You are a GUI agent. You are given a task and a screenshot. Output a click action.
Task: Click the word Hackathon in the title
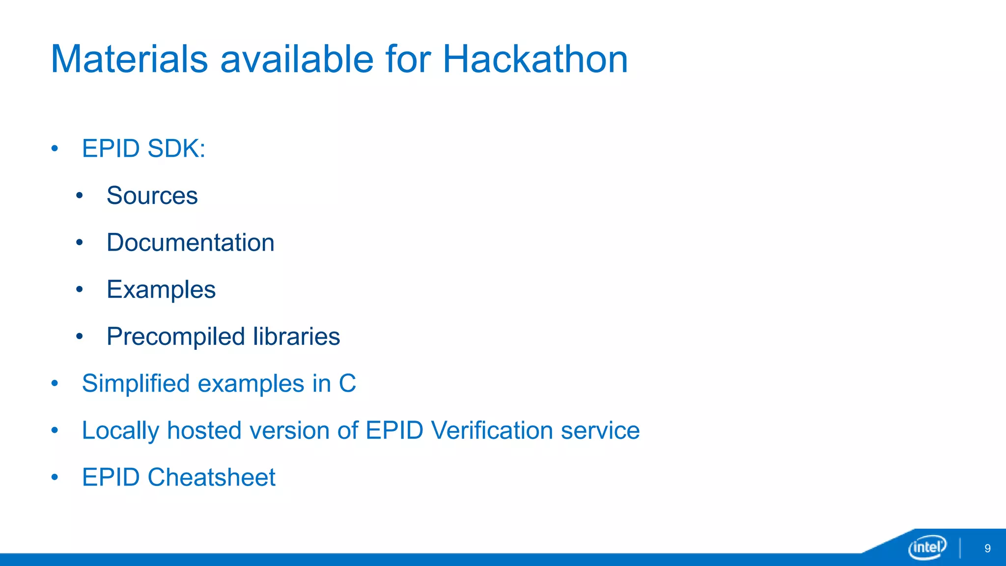click(x=535, y=59)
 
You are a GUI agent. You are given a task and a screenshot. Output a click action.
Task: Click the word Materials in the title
click(x=130, y=59)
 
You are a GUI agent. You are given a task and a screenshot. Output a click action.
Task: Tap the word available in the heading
click(x=297, y=59)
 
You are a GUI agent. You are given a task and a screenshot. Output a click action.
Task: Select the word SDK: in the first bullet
click(x=176, y=148)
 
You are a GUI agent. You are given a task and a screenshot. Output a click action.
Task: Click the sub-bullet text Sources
click(x=152, y=196)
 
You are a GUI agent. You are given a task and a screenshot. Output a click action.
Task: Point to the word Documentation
click(x=191, y=243)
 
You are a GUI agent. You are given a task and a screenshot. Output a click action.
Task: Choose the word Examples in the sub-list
click(x=161, y=290)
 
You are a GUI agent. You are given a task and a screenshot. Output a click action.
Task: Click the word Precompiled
click(x=176, y=337)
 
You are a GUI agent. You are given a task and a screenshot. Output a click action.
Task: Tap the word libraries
click(x=297, y=337)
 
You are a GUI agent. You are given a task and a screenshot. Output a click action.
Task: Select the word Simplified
click(x=136, y=383)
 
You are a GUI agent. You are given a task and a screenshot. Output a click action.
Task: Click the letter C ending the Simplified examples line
click(x=347, y=383)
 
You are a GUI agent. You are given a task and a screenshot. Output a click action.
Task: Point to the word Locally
click(x=120, y=431)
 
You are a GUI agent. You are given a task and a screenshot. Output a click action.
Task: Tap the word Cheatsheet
click(x=211, y=477)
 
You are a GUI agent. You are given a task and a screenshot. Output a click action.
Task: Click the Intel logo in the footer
click(x=927, y=547)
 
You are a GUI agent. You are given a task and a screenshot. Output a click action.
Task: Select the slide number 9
click(x=987, y=548)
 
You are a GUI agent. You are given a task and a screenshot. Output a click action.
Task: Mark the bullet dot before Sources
click(x=80, y=196)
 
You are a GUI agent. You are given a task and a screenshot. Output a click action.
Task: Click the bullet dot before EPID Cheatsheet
click(x=55, y=477)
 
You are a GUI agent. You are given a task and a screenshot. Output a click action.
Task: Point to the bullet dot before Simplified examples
click(x=55, y=383)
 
